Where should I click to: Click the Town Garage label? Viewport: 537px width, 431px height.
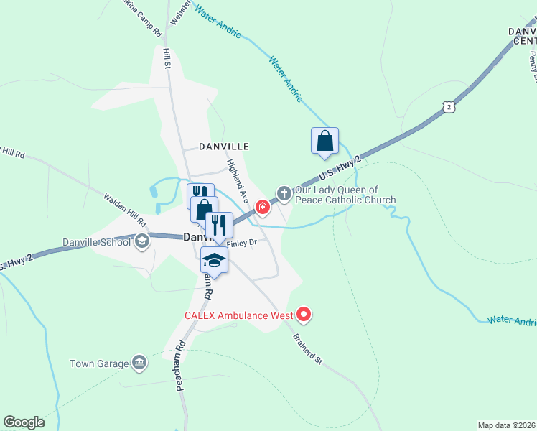(99, 363)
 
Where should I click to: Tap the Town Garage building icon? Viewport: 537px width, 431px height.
(140, 363)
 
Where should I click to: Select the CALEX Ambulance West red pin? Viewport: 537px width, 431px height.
(304, 314)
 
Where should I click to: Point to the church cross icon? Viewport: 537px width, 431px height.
(284, 193)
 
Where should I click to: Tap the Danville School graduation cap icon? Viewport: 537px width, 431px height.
(142, 241)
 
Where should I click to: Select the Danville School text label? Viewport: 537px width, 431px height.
(96, 242)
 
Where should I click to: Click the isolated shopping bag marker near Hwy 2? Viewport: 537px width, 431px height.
(324, 140)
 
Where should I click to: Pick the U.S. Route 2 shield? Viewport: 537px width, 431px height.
(449, 106)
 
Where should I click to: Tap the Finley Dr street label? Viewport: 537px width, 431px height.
(242, 243)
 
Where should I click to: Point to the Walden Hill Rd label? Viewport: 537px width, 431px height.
(124, 208)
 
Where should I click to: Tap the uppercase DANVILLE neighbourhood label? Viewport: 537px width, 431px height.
(225, 146)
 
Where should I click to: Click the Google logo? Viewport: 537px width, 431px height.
(24, 422)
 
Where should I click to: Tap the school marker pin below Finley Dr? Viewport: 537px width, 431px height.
(214, 260)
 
